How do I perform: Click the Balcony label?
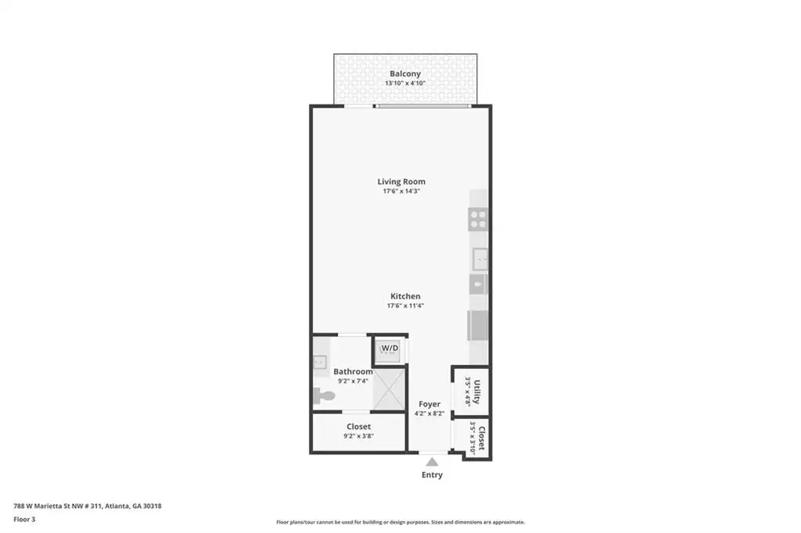point(405,73)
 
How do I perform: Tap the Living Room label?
point(401,181)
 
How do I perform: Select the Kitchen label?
point(406,296)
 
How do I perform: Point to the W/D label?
point(390,349)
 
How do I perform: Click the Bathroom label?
point(353,372)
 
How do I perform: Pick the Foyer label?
point(429,404)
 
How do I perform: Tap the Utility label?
point(476,392)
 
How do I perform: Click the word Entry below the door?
point(432,475)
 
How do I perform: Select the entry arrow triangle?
point(432,462)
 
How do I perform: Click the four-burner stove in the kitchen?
point(478,220)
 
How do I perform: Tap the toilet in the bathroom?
point(323,395)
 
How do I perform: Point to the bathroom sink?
point(319,362)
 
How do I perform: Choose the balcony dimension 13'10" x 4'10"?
point(405,83)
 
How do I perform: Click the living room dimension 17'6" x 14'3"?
point(401,191)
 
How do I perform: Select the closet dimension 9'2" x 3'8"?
point(358,436)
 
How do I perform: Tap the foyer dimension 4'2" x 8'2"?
point(429,413)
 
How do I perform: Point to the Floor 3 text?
point(24,520)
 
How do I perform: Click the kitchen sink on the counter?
point(480,259)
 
